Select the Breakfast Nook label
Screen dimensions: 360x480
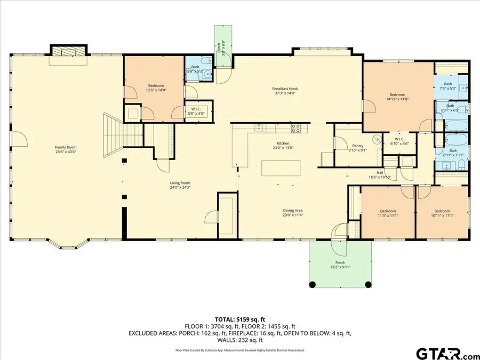point(284,91)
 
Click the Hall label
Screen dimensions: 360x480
point(380,174)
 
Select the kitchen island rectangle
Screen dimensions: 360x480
point(274,168)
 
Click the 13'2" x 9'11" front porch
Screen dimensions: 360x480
point(340,265)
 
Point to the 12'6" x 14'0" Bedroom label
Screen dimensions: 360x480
point(156,88)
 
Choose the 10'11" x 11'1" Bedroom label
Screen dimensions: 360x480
point(442,213)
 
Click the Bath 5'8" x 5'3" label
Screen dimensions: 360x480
point(195,69)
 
